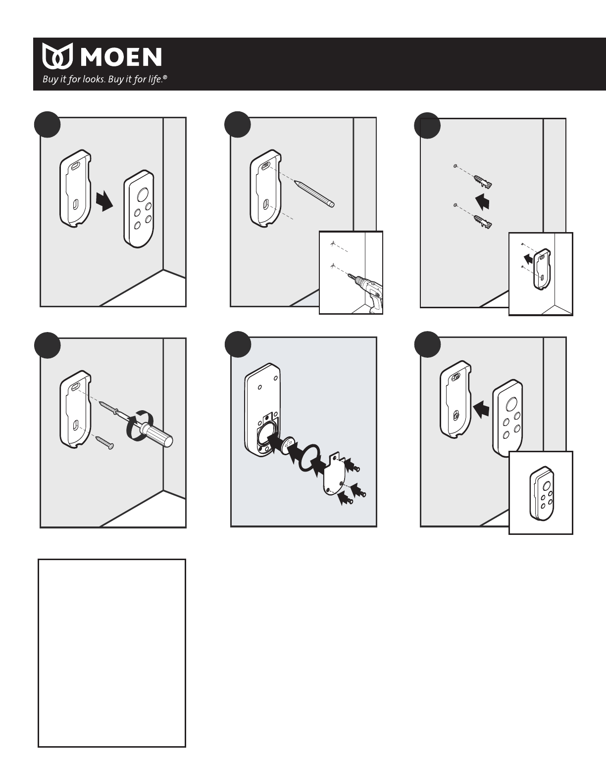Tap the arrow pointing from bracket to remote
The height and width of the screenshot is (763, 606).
click(105, 201)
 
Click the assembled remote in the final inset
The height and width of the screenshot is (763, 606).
click(541, 493)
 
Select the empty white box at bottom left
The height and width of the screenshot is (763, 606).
click(112, 653)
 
